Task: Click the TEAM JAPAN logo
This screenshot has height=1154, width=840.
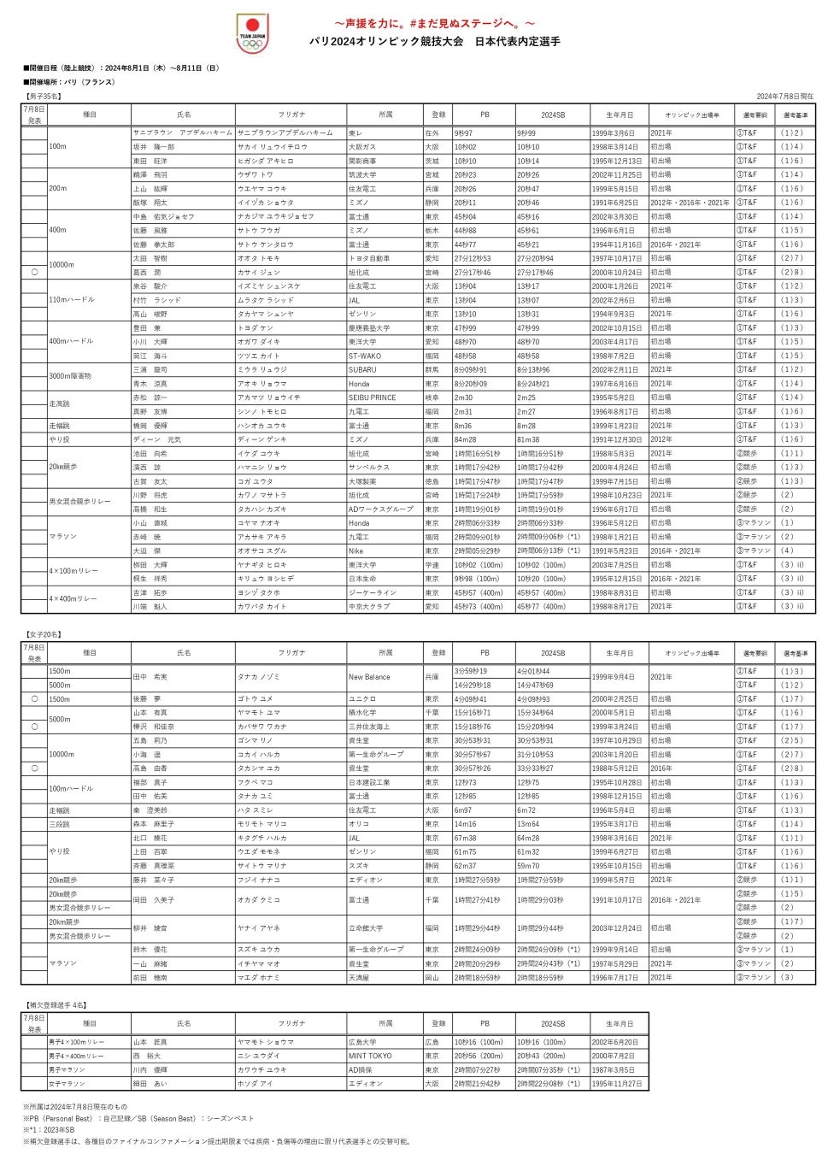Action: point(252,33)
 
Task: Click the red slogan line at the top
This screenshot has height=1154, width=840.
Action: point(434,23)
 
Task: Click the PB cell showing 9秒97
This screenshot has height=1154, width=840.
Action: point(464,133)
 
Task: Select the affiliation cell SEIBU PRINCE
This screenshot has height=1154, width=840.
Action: point(373,397)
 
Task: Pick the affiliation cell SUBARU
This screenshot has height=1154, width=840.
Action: point(362,370)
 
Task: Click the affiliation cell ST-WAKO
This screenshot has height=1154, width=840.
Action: point(365,356)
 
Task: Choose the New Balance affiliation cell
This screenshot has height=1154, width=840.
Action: point(369,677)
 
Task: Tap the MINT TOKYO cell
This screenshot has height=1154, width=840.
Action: point(370,1056)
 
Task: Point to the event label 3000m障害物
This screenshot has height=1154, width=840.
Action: point(70,376)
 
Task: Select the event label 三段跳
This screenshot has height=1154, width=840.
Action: point(62,824)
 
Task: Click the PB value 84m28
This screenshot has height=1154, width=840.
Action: point(466,439)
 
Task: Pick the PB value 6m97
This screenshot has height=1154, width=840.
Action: point(463,810)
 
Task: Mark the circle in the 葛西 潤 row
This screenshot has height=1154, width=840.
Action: point(34,272)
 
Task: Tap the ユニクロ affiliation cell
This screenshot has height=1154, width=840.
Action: point(363,699)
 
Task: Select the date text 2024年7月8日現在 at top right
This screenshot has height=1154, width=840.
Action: point(784,97)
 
